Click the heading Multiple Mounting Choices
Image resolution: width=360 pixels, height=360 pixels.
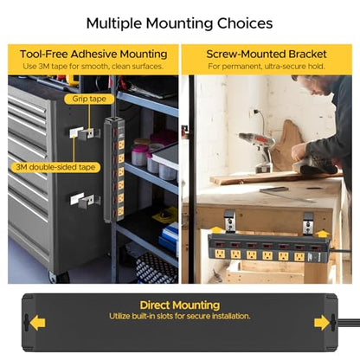click(x=179, y=23)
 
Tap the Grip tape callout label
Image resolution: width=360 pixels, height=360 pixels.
click(x=89, y=99)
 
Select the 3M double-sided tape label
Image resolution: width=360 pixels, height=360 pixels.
click(x=55, y=167)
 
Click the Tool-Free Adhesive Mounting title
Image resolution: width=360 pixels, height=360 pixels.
click(x=93, y=55)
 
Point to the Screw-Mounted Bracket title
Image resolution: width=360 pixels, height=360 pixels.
click(x=267, y=55)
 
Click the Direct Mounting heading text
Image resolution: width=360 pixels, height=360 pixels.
click(x=180, y=305)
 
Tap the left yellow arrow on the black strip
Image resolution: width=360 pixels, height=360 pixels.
click(x=37, y=323)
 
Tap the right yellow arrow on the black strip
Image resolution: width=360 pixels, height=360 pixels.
click(x=322, y=323)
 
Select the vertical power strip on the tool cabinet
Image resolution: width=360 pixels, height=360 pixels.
click(x=114, y=170)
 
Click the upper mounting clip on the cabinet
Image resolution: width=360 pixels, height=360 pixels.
click(x=85, y=133)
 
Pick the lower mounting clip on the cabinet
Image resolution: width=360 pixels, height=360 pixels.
click(x=85, y=200)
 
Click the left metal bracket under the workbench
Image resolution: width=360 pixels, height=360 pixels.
click(x=230, y=222)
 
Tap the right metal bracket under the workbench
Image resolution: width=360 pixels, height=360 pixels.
click(x=308, y=223)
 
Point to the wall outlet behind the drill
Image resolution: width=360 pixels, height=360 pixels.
click(x=254, y=112)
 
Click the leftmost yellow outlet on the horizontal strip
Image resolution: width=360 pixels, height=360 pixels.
click(x=220, y=254)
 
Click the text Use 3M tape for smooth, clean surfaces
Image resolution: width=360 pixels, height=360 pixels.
click(x=93, y=67)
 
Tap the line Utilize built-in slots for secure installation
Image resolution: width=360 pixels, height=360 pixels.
click(x=180, y=316)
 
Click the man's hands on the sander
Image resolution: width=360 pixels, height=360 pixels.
click(x=300, y=153)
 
